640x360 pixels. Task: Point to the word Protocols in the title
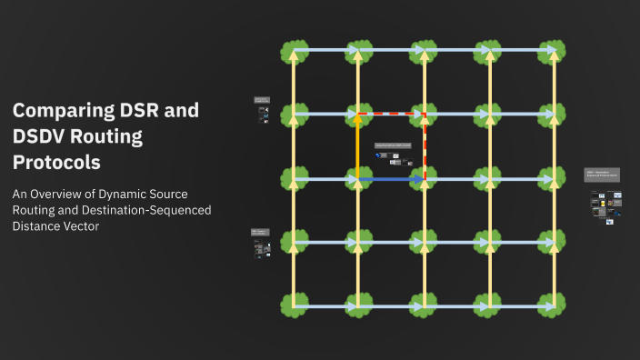[56, 163]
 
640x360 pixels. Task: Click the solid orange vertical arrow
[358, 145]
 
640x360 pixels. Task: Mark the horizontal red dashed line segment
[391, 115]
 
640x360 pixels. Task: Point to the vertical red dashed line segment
[425, 145]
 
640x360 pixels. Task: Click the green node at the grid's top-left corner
[294, 51]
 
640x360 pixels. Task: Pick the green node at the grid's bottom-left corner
[294, 306]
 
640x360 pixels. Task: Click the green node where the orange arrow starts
[358, 179]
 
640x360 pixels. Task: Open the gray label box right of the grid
[602, 175]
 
